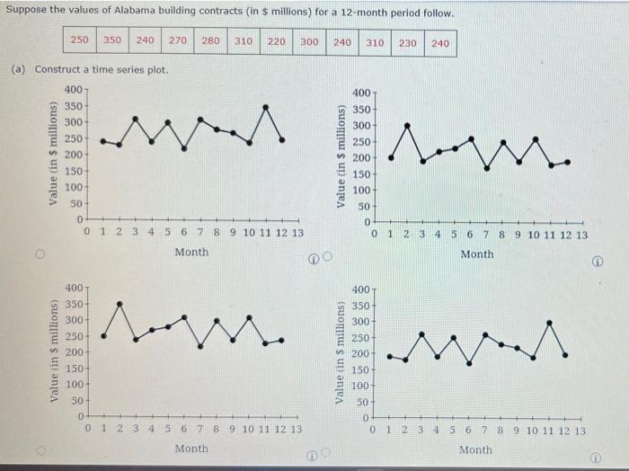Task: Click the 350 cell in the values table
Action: pos(112,41)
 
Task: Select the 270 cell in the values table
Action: pos(178,41)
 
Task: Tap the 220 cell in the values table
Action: pos(277,41)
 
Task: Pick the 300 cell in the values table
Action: pos(309,41)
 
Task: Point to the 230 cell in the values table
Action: pos(407,42)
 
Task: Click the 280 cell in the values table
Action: pos(210,41)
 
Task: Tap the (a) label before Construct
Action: pos(19,69)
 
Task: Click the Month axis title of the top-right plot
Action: pos(476,254)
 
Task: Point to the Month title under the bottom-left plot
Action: pos(191,448)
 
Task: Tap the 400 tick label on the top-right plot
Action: pos(361,93)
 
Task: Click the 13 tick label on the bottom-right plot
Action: pos(580,431)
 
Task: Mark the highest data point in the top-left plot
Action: pos(266,107)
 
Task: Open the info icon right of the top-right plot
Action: pos(597,263)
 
